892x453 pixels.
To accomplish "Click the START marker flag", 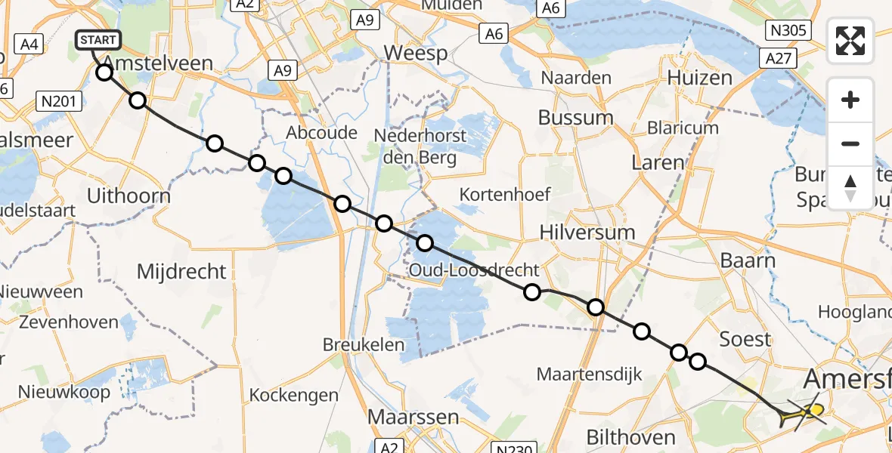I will tap(98, 40).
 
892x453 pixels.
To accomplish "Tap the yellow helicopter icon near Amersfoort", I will tap(804, 413).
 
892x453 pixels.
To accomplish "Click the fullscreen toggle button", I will tap(850, 41).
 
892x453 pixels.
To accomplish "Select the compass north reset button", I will tap(850, 187).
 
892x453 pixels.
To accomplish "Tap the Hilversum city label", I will tap(587, 233).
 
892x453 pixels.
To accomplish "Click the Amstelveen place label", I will tap(157, 63).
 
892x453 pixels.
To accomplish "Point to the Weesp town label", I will tap(416, 54).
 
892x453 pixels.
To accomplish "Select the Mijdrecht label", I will tap(181, 272).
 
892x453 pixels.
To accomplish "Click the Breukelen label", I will tap(361, 344).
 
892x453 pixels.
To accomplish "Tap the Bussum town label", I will tap(575, 118).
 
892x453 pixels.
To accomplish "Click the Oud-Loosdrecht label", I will tap(474, 270).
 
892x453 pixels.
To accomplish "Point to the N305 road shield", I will tap(788, 30).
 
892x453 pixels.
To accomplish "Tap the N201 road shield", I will tap(59, 100).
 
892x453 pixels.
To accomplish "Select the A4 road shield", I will tap(30, 45).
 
